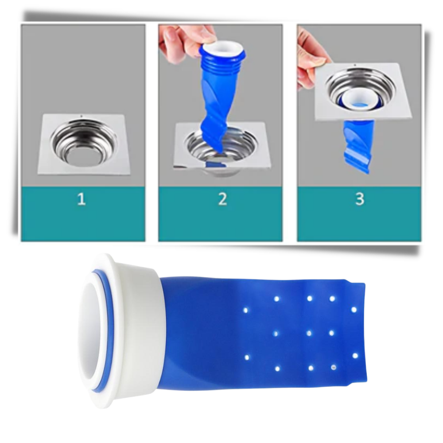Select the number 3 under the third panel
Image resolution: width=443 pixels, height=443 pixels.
pyautogui.click(x=359, y=199)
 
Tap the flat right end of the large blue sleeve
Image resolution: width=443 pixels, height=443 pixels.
pyautogui.click(x=361, y=328)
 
